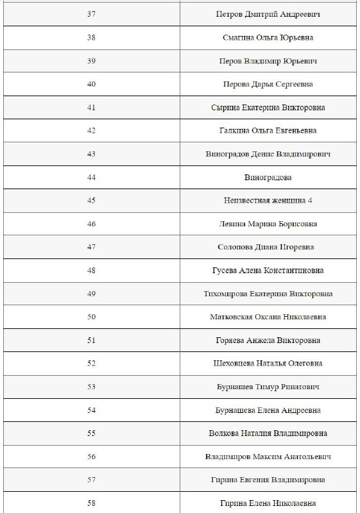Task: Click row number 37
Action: click(x=91, y=14)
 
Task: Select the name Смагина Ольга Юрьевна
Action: click(x=268, y=37)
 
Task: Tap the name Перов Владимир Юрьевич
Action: click(x=268, y=61)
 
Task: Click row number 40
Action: click(x=91, y=84)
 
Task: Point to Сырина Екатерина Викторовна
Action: click(x=268, y=107)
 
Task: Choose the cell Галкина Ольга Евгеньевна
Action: click(x=268, y=131)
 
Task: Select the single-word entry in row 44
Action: click(x=268, y=177)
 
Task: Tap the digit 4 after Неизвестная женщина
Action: click(x=310, y=201)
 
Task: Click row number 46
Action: click(x=91, y=224)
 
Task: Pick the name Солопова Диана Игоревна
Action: click(x=268, y=247)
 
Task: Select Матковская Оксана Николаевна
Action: click(x=268, y=317)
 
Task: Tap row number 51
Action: click(x=91, y=340)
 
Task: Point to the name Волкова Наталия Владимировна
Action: click(x=268, y=433)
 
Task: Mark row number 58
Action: click(x=91, y=503)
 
